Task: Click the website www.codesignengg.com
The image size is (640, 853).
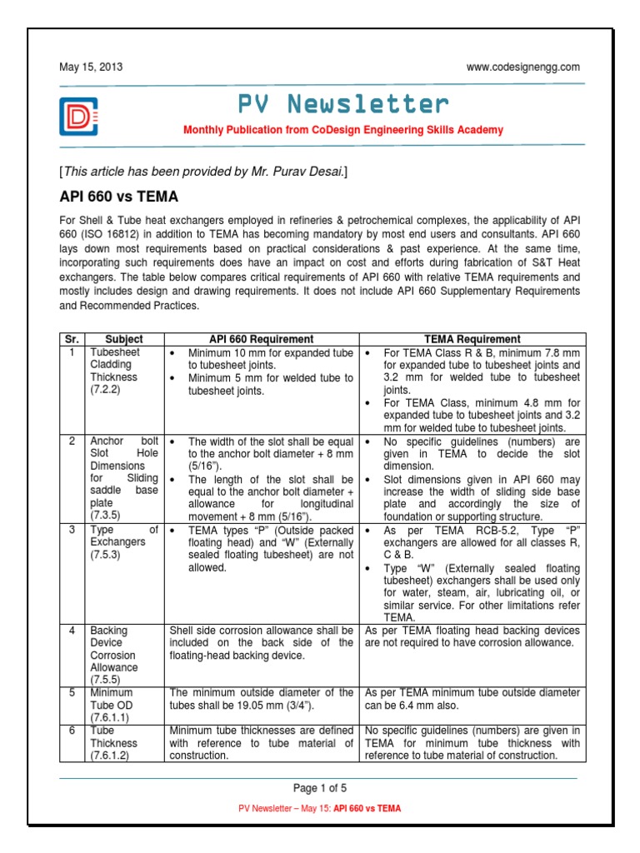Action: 523,67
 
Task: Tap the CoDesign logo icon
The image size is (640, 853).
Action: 78,117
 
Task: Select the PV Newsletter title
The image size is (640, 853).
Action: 343,104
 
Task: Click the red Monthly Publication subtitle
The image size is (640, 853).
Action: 343,131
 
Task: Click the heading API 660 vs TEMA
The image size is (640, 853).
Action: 118,197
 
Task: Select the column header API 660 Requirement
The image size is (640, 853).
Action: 261,339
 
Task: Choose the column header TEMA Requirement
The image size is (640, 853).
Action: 472,339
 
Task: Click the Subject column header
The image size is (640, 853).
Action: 124,339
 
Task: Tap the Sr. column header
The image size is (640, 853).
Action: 71,339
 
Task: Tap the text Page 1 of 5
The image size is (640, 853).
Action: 319,788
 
